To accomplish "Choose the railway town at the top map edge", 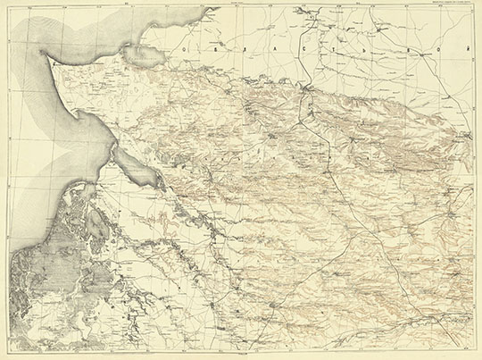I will pos(309,11).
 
